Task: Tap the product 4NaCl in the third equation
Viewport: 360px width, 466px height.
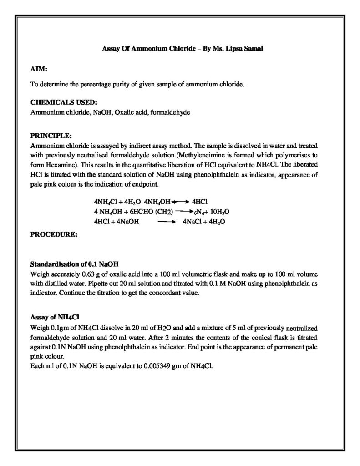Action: tap(191, 222)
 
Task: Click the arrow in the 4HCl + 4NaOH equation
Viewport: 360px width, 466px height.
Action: tap(166, 222)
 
